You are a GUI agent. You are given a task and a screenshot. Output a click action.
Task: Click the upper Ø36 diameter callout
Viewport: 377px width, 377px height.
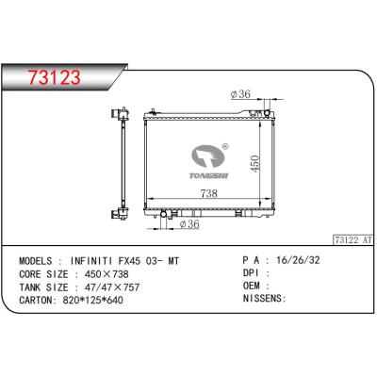point(240,94)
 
